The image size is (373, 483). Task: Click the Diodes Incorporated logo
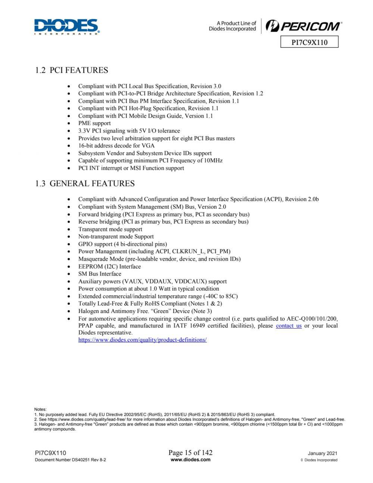67,27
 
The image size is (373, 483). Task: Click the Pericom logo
303,26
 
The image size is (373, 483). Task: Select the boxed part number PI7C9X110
309,42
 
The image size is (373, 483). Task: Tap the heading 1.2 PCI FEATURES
72,70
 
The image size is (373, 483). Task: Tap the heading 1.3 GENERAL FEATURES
85,184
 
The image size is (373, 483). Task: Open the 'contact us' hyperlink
289,326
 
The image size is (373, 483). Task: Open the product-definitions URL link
142,340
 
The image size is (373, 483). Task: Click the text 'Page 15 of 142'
190,452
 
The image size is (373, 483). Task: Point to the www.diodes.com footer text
190,460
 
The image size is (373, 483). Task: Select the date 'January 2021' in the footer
322,454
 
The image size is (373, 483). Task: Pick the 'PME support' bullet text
94,123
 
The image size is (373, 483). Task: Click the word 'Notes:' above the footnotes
40,409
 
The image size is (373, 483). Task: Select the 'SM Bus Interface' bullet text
100,274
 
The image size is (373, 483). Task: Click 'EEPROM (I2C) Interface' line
109,266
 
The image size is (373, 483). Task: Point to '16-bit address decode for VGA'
116,145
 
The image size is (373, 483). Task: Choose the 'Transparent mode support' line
110,229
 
